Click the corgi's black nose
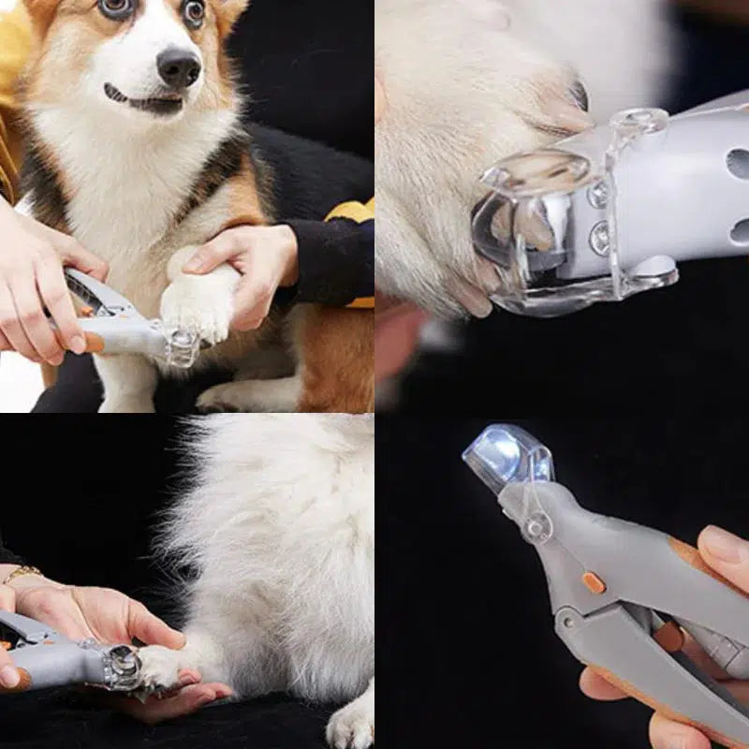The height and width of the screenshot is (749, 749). [178, 66]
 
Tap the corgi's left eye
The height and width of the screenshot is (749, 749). [194, 11]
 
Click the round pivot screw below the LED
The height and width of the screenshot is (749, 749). [536, 527]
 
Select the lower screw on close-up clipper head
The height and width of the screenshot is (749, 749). [599, 238]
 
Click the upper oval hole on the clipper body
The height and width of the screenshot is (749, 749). [738, 164]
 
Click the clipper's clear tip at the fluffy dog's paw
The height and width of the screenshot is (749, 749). [122, 667]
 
